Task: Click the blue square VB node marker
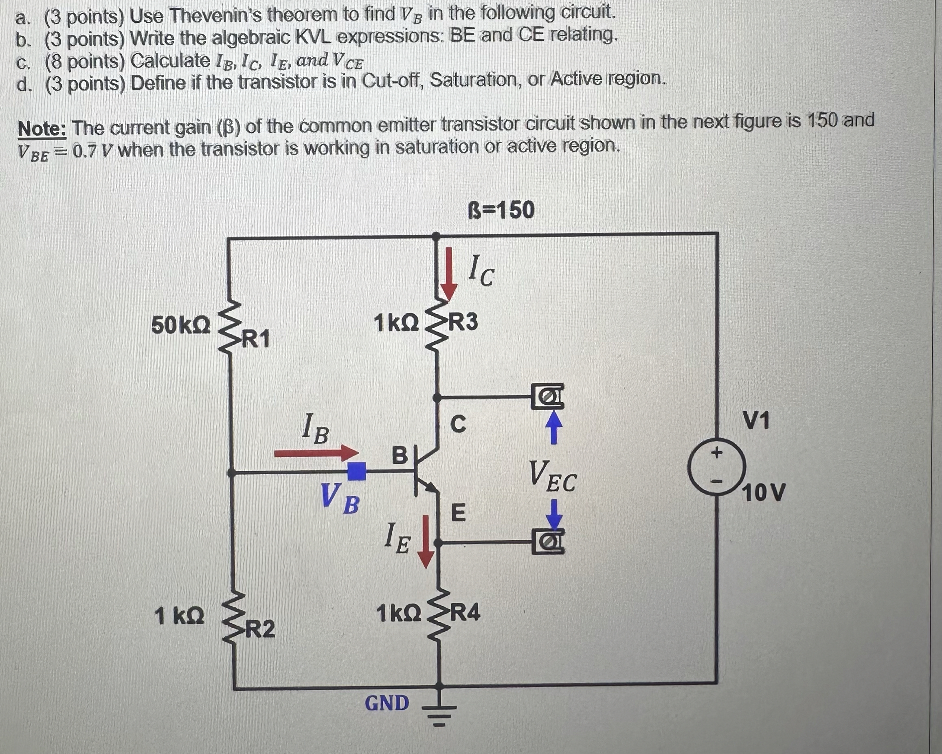tap(356, 471)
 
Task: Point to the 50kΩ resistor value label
tap(181, 325)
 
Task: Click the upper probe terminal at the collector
tap(547, 396)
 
